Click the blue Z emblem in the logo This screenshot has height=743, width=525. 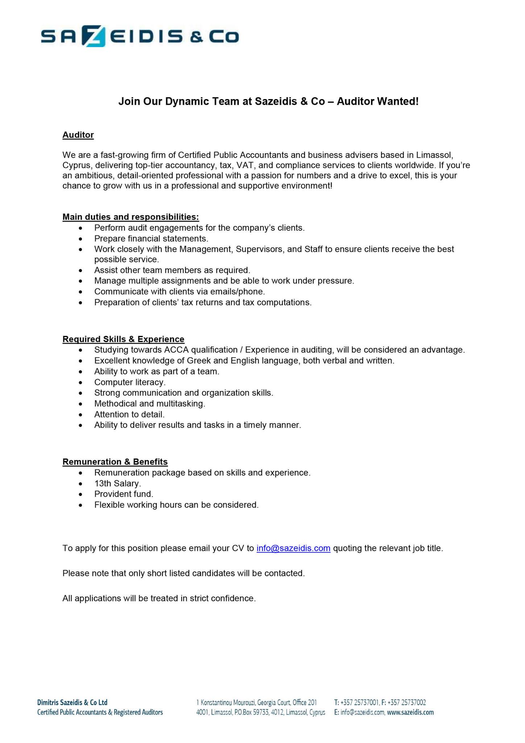(95, 37)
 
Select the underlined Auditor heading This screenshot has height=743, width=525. (78, 135)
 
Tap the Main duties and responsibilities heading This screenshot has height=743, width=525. (131, 217)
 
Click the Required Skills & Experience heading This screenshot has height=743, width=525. (123, 339)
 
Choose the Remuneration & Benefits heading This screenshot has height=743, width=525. (115, 462)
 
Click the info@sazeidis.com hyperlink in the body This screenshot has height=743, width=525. (293, 548)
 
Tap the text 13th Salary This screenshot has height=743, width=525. (117, 484)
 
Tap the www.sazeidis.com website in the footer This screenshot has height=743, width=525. (410, 713)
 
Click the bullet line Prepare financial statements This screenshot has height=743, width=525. (151, 239)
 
